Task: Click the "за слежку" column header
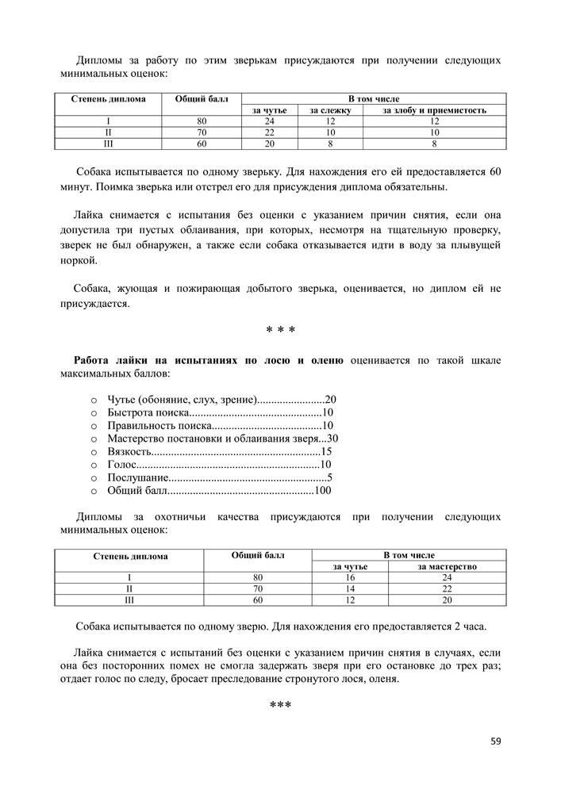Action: click(x=330, y=109)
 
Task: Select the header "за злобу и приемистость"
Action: click(x=434, y=109)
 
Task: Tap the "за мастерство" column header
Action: click(x=447, y=567)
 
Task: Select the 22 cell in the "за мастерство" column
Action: click(x=447, y=589)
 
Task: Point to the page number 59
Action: click(x=496, y=741)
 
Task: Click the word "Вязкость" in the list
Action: click(x=130, y=450)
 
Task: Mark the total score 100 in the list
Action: click(x=322, y=491)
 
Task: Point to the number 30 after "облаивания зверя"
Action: click(x=332, y=438)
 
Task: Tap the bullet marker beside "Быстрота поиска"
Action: click(x=94, y=413)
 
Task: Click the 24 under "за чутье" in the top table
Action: click(x=269, y=121)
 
